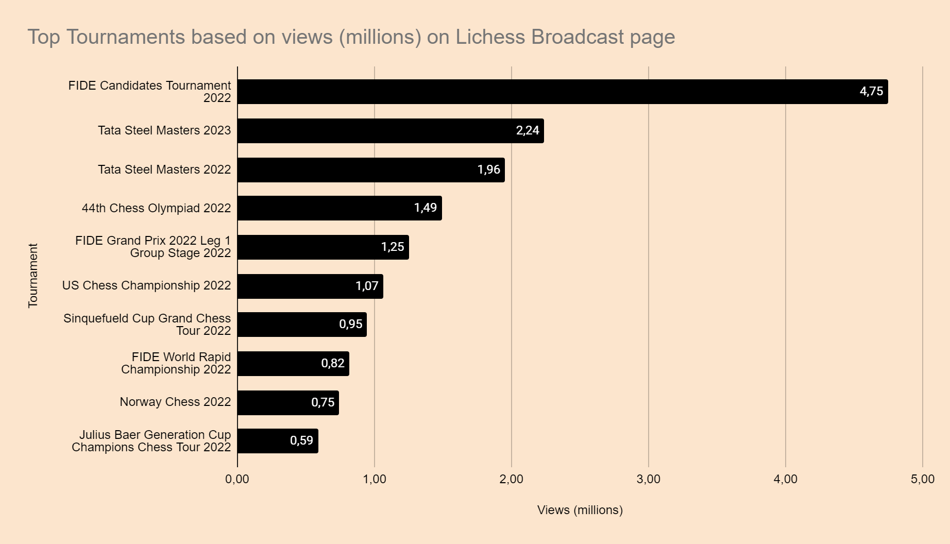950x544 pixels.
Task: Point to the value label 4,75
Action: point(871,92)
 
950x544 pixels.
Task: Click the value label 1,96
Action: point(488,170)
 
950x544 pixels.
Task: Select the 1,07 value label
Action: point(367,286)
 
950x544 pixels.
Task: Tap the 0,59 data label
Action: point(301,441)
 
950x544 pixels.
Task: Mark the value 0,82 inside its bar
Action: point(332,364)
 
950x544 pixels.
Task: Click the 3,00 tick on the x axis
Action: point(648,480)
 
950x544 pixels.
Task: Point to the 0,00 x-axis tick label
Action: point(237,480)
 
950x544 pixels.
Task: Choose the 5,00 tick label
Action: point(922,480)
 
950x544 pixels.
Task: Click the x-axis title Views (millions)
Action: point(580,510)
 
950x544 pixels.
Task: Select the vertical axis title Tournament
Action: point(33,276)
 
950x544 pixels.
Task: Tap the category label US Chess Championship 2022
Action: point(146,286)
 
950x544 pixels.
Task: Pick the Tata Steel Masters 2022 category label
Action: point(164,170)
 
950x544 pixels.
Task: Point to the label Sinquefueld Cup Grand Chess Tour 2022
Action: point(147,325)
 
